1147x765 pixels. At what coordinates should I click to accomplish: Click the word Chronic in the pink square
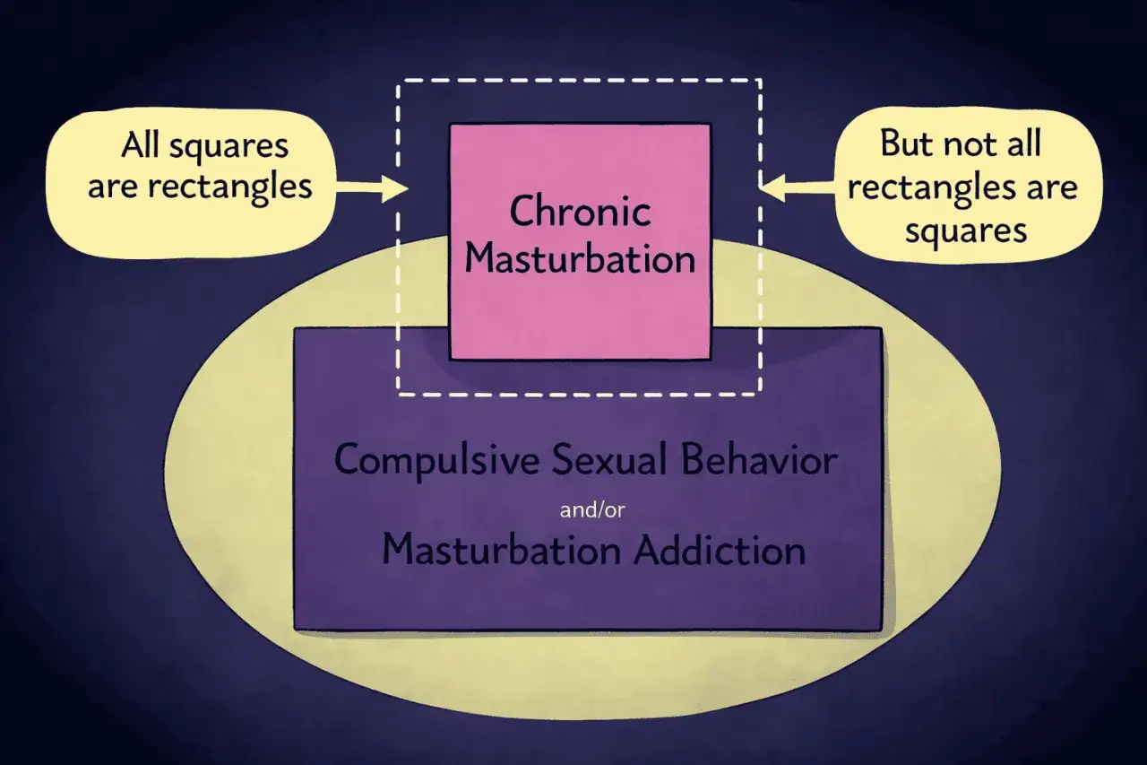tap(580, 211)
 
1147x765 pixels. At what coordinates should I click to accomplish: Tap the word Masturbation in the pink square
tap(580, 259)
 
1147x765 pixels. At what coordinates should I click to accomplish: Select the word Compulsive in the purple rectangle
tap(436, 461)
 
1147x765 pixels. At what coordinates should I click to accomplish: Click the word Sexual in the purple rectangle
tap(609, 459)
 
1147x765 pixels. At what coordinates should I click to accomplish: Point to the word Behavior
tap(759, 459)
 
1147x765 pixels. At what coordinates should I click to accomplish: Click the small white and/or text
tap(592, 510)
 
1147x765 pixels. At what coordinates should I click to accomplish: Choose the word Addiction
tap(720, 550)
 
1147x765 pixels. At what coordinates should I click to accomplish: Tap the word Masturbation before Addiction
tap(501, 550)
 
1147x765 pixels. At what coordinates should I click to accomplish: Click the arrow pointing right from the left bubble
tap(372, 187)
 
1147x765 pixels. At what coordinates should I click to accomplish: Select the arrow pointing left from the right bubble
tap(798, 187)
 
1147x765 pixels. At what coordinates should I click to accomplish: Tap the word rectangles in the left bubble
tap(230, 187)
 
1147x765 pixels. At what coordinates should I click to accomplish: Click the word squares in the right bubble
tap(966, 231)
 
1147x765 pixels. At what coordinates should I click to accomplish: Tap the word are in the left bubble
tap(113, 188)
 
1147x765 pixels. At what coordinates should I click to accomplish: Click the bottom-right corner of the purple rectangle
tap(882, 630)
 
